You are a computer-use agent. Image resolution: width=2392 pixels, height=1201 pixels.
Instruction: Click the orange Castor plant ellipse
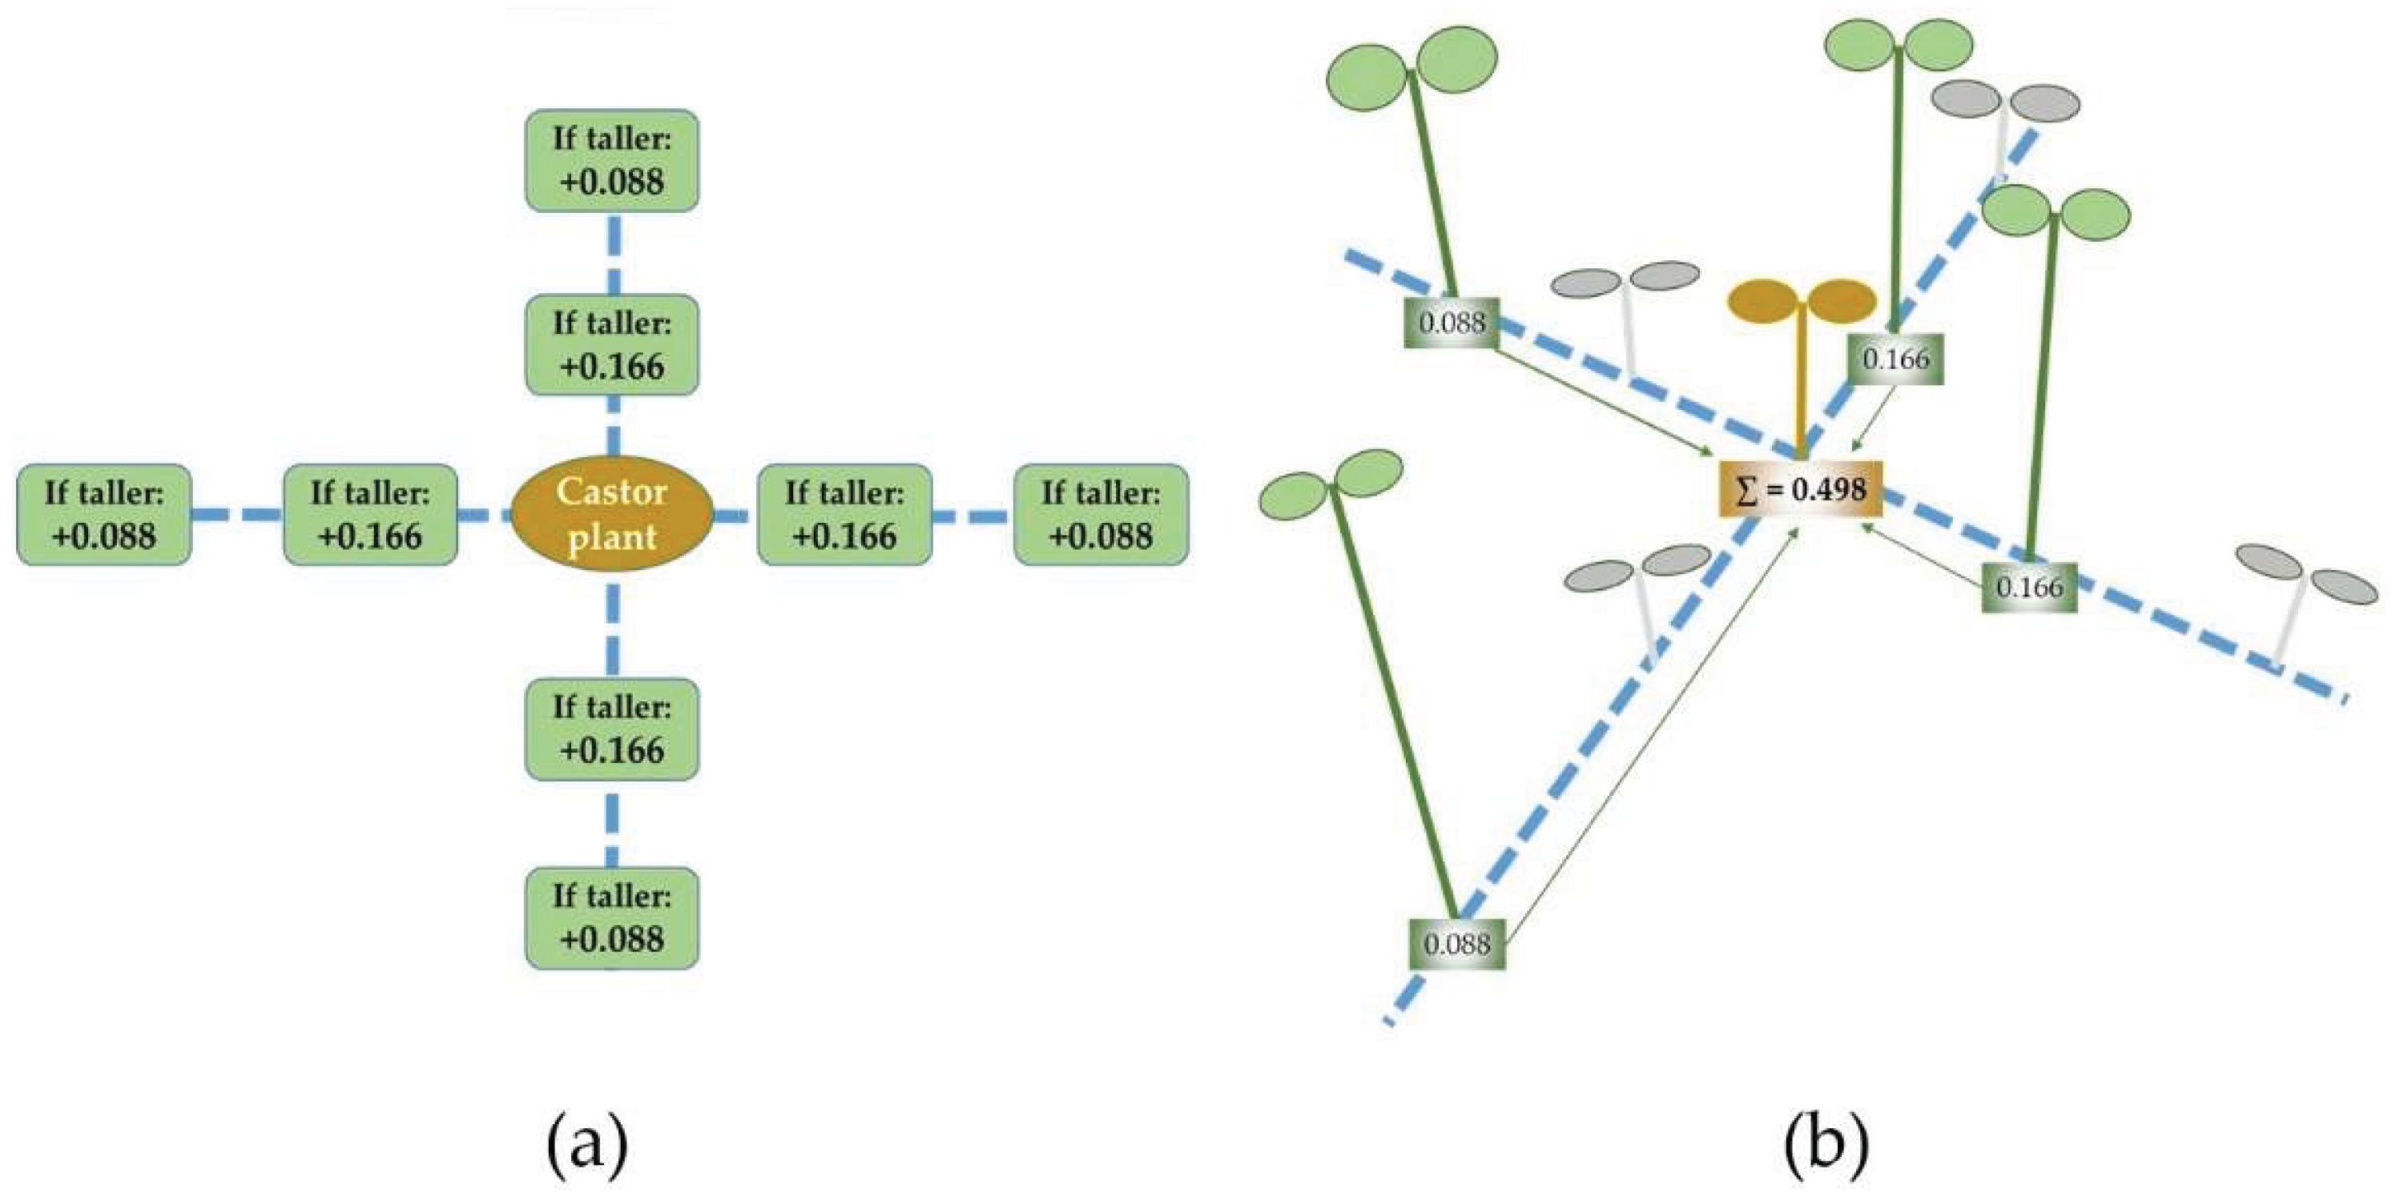pyautogui.click(x=612, y=513)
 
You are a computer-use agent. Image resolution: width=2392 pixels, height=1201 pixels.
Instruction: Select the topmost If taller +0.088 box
pyautogui.click(x=612, y=161)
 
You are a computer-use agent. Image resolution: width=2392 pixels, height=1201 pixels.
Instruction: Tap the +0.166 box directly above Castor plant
pyautogui.click(x=612, y=345)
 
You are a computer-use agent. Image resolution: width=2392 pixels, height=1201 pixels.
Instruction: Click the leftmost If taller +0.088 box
pyautogui.click(x=104, y=514)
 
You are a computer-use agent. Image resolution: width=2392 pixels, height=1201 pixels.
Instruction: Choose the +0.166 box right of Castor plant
pyautogui.click(x=844, y=514)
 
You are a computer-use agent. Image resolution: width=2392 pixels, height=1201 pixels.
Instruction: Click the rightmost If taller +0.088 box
pyautogui.click(x=1101, y=514)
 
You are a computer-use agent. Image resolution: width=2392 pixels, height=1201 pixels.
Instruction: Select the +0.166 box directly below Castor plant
pyautogui.click(x=612, y=729)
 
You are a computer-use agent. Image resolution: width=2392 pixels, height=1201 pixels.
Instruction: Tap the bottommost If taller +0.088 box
pyautogui.click(x=612, y=918)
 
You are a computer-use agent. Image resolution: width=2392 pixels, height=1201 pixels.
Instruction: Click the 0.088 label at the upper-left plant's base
pyautogui.click(x=1452, y=323)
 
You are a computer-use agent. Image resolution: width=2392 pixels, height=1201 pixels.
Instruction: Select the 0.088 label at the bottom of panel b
pyautogui.click(x=1456, y=944)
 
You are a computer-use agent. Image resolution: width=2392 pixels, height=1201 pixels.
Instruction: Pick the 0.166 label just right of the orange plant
pyautogui.click(x=1895, y=358)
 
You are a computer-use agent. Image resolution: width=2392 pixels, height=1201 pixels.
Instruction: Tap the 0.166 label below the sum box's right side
pyautogui.click(x=2029, y=587)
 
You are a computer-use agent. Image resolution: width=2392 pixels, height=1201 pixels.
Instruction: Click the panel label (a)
pyautogui.click(x=587, y=1145)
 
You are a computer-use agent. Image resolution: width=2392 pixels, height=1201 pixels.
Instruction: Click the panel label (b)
pyautogui.click(x=1826, y=1145)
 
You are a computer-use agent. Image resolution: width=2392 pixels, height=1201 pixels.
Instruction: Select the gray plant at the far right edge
pyautogui.click(x=2303, y=594)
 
